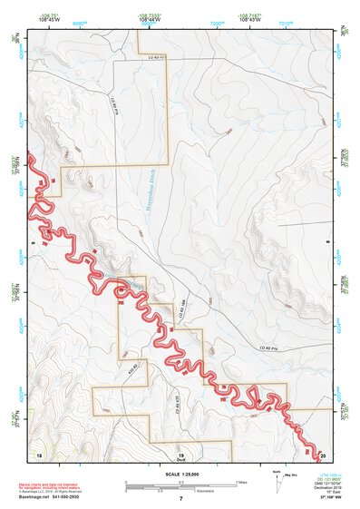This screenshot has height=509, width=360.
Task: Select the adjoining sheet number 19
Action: (x=180, y=453)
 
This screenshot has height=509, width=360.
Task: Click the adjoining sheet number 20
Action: (x=323, y=453)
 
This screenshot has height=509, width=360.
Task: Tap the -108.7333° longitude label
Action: (x=145, y=15)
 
